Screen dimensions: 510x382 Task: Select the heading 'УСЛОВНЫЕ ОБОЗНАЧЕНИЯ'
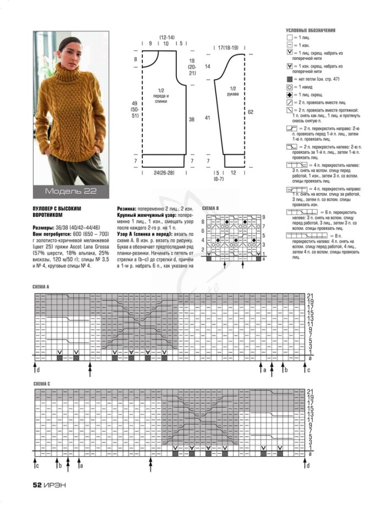point(311,30)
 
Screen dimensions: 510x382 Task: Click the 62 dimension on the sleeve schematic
point(251,112)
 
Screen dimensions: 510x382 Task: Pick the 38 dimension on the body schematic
point(191,118)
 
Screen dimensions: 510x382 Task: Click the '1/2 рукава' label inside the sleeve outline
point(233,91)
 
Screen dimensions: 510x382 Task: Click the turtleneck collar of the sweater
point(70,78)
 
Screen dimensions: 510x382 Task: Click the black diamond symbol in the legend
point(290,95)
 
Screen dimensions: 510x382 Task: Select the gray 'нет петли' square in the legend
point(290,80)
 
